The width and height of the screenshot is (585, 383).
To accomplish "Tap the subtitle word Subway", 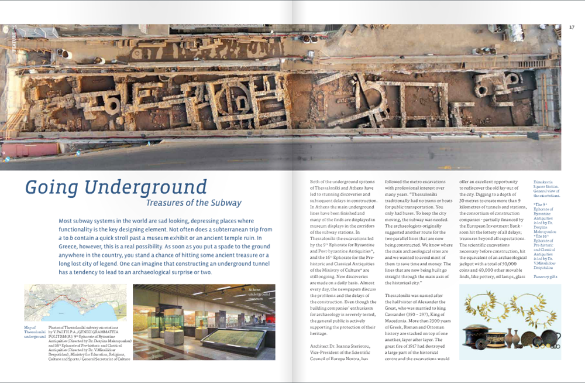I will click(225, 203).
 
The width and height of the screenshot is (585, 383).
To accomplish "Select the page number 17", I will click(572, 26).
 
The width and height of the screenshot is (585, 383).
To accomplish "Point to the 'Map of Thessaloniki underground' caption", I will click(35, 332).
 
